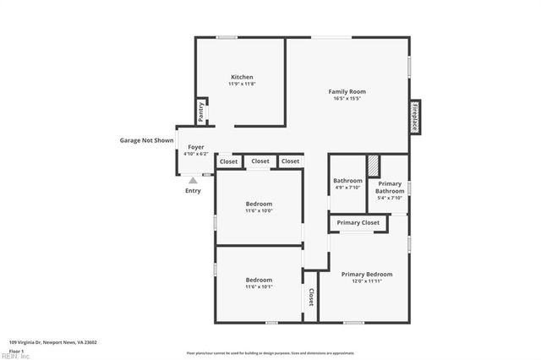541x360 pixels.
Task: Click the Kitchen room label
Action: (242, 77)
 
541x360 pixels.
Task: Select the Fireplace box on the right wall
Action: (415, 117)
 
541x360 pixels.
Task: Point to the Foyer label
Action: (195, 147)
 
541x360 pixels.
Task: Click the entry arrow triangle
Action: (193, 180)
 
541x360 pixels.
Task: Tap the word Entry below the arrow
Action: (193, 191)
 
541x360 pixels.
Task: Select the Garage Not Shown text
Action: (146, 140)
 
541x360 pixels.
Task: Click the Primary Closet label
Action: (358, 223)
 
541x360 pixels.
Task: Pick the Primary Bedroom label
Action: (367, 274)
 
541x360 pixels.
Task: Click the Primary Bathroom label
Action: (390, 187)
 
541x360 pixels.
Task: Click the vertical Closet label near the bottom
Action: (311, 297)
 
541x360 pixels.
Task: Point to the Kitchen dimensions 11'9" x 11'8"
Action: (242, 84)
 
